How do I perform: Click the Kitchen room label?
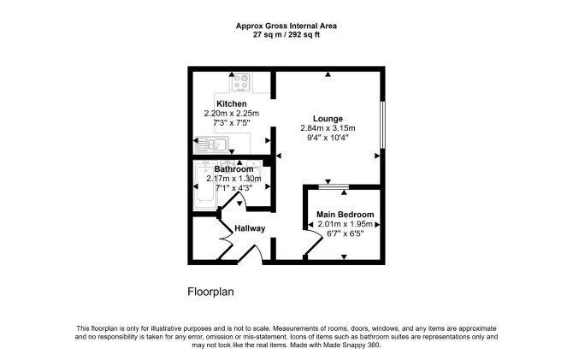(231, 103)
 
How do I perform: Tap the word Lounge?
(328, 119)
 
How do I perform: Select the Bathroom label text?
(233, 169)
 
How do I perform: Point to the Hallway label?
(250, 228)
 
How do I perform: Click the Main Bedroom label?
(345, 215)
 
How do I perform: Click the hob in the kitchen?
(241, 82)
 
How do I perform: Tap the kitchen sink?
(211, 145)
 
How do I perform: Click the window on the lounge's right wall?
(382, 125)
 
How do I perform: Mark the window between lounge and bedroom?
(334, 186)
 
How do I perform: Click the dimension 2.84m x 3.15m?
(328, 128)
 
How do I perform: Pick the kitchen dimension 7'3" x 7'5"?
(231, 123)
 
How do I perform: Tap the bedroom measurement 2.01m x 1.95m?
(345, 224)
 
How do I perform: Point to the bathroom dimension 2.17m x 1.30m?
(233, 179)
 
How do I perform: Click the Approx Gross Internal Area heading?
(286, 26)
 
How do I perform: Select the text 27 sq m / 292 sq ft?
(286, 35)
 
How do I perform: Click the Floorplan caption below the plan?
(210, 292)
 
